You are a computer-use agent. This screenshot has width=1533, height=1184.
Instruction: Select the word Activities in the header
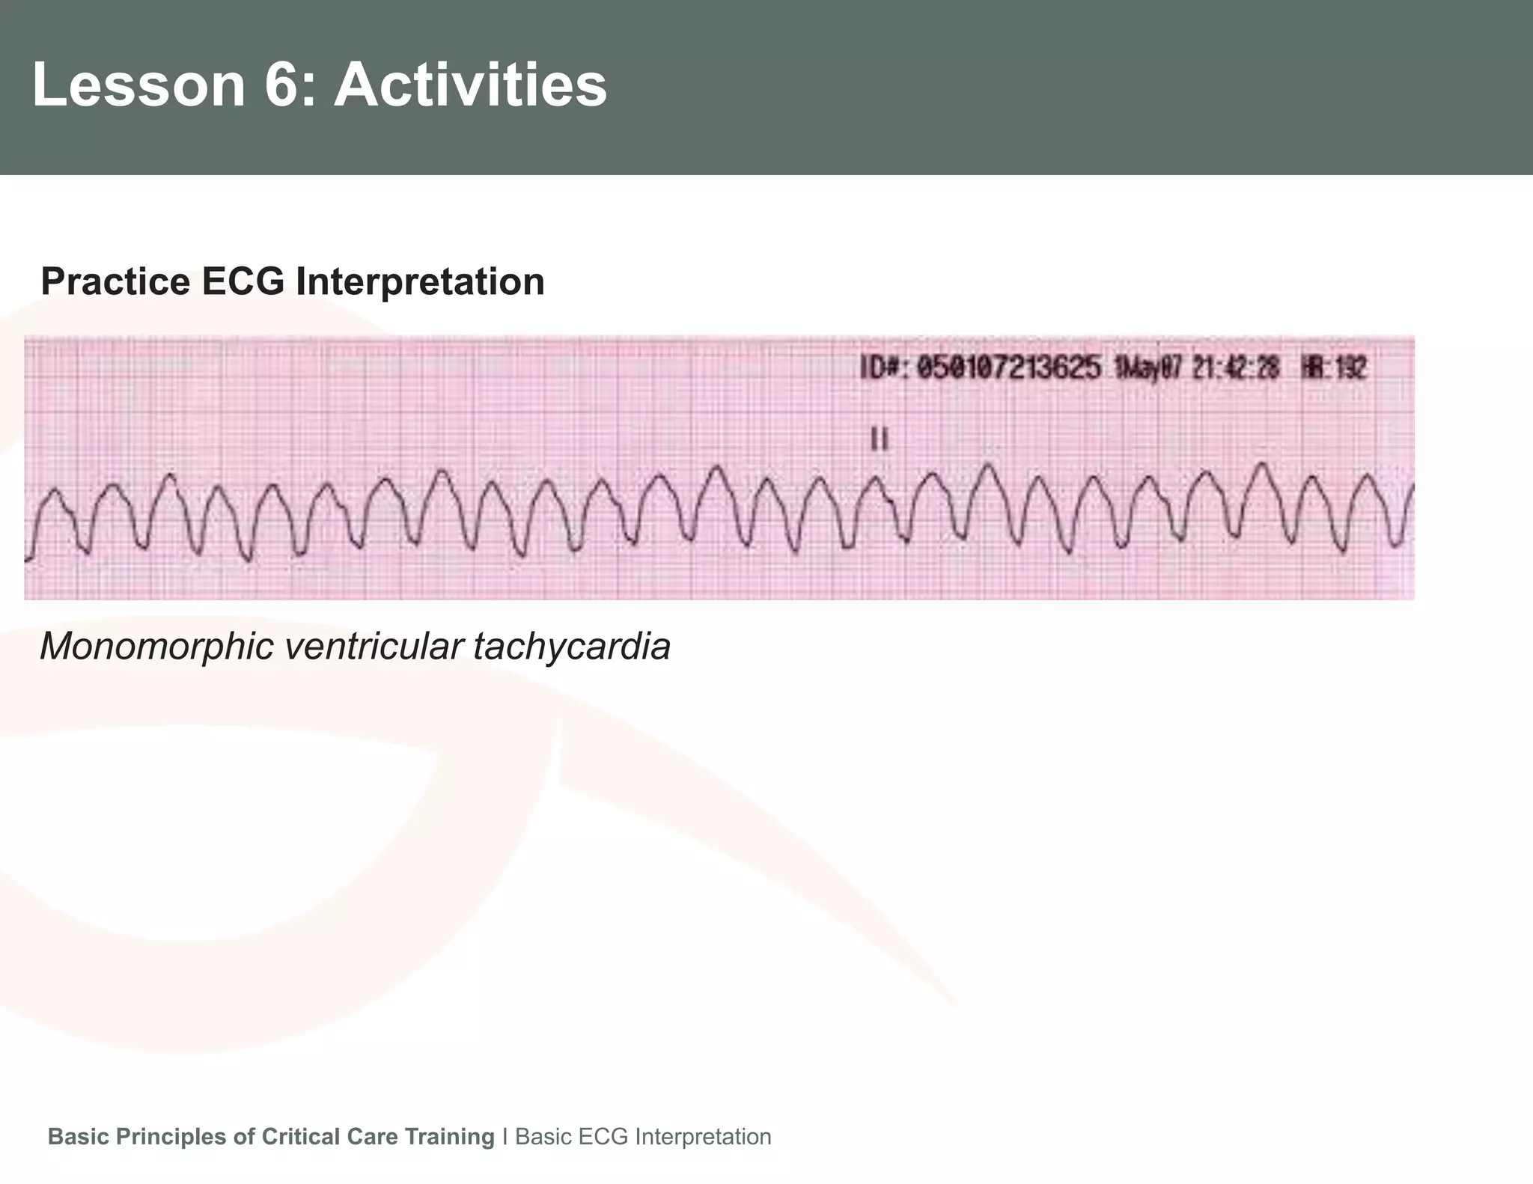(x=470, y=85)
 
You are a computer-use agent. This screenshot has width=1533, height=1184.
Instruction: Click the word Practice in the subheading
(x=115, y=282)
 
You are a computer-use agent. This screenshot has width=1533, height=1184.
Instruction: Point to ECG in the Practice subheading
(x=243, y=282)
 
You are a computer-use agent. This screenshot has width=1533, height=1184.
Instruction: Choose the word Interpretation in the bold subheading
(x=420, y=282)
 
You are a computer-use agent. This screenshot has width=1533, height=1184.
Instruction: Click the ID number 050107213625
(x=1008, y=368)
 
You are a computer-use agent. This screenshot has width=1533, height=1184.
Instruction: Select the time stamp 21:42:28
(x=1235, y=368)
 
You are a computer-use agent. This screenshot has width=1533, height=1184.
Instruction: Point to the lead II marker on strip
(x=880, y=439)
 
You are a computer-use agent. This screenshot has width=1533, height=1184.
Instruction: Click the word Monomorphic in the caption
(x=157, y=646)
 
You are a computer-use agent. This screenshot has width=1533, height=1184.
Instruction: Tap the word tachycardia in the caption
(x=572, y=646)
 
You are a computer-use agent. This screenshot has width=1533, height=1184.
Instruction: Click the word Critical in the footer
(x=302, y=1137)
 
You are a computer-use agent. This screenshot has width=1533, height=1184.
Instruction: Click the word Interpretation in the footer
(x=702, y=1137)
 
